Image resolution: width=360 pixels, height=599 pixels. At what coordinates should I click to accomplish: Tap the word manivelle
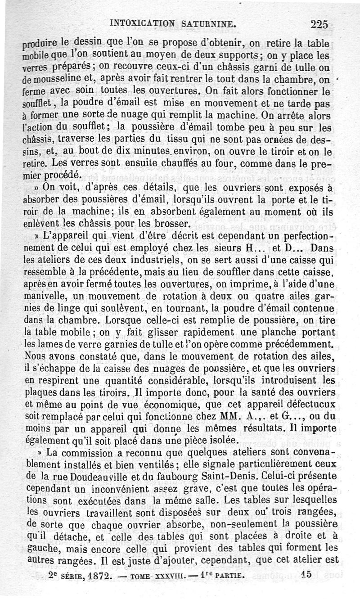45,296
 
